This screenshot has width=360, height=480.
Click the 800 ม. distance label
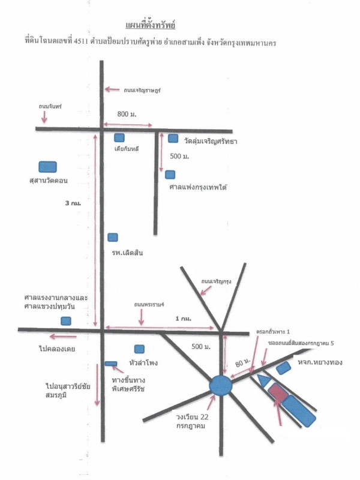point(127,113)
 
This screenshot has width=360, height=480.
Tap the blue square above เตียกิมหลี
point(119,137)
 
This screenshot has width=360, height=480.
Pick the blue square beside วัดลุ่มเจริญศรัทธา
point(173,139)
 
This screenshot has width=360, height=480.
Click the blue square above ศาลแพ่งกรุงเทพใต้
point(170,175)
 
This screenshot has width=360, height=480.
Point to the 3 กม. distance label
point(73,203)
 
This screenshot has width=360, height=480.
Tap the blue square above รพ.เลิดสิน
point(112,238)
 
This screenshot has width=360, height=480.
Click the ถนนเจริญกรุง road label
point(217,280)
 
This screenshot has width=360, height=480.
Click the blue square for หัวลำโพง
point(139,349)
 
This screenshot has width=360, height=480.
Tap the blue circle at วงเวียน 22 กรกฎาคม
point(221,385)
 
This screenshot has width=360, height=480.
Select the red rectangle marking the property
point(277,393)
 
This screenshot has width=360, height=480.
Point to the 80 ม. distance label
point(242,363)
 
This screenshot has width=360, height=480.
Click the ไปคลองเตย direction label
point(56,348)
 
